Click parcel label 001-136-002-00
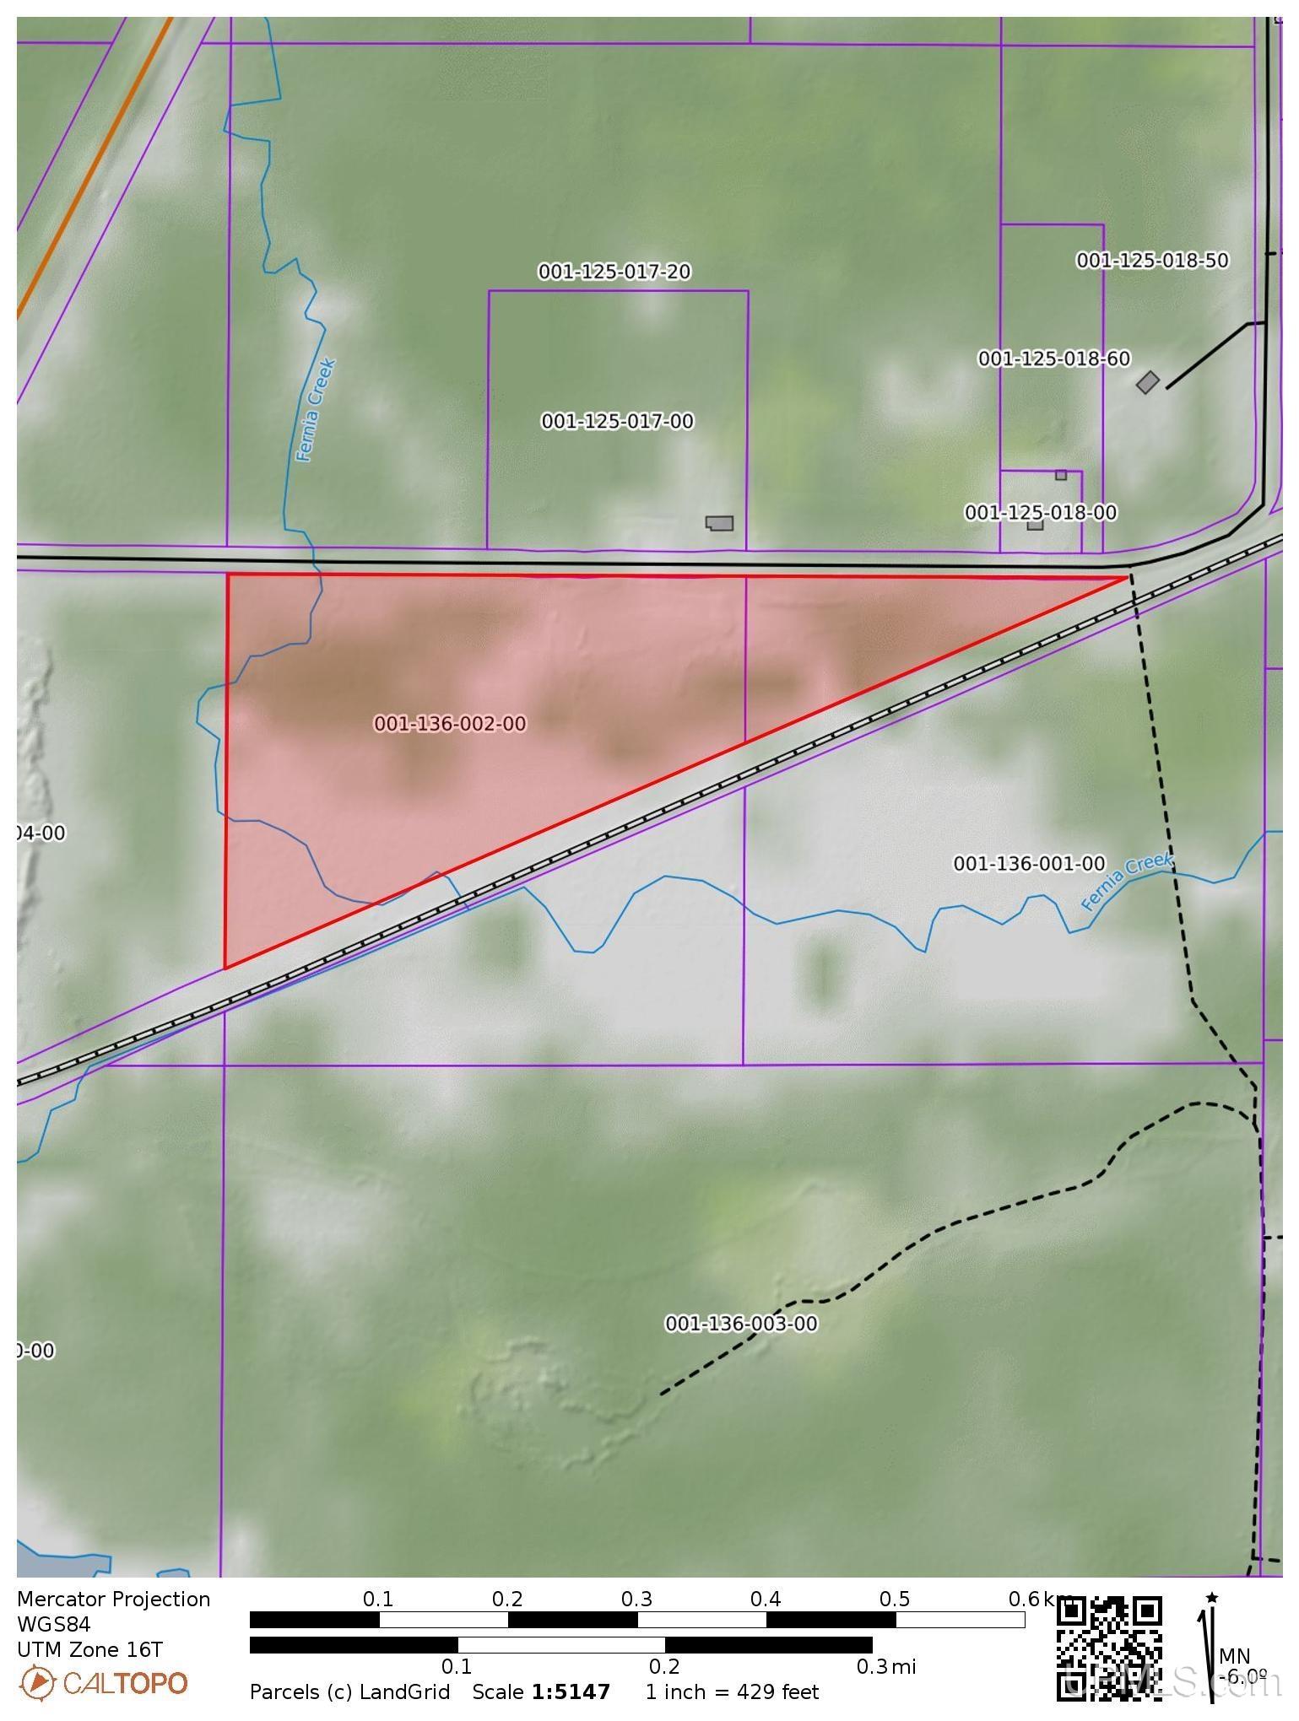tap(450, 724)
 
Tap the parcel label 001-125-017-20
tap(614, 272)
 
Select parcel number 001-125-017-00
tap(617, 421)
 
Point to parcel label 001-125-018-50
tap(1152, 261)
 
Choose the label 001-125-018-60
tap(1054, 359)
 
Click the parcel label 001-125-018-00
tap(1041, 513)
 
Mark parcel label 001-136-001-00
tap(1029, 864)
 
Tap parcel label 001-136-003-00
tap(741, 1324)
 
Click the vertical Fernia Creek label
tap(317, 411)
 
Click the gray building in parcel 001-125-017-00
tap(720, 523)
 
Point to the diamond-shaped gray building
tap(1147, 382)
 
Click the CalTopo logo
tap(103, 1683)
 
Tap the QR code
tap(1109, 1648)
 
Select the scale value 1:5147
tap(571, 1692)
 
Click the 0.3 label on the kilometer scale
tap(636, 1600)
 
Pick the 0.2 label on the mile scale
tap(664, 1667)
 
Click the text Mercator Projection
tap(113, 1600)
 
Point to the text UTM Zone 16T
tap(89, 1649)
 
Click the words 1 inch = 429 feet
tap(732, 1692)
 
